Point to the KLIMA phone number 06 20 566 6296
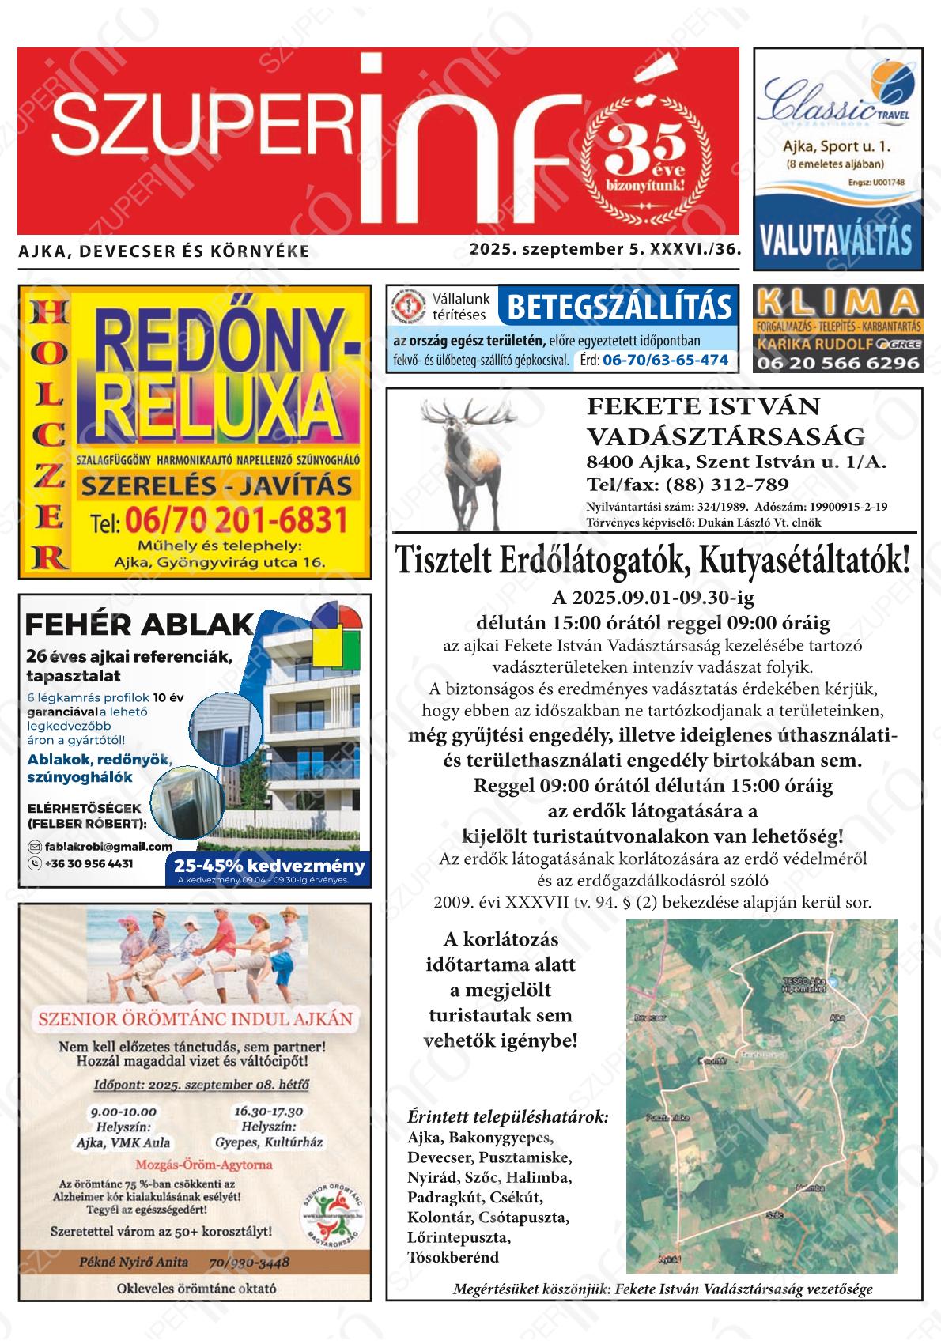[837, 363]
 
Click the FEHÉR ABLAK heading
[138, 625]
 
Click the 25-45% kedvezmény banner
[269, 865]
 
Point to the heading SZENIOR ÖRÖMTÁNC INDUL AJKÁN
[195, 1017]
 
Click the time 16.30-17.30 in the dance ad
[268, 1111]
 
